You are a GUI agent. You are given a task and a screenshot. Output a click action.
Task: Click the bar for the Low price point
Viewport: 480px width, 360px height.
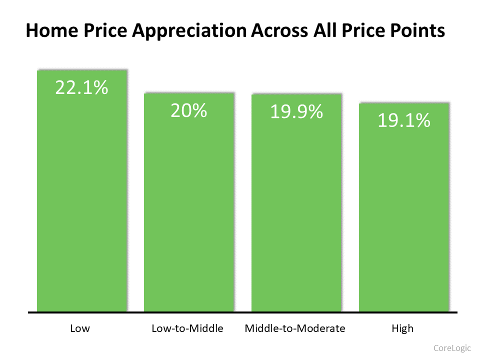coord(82,200)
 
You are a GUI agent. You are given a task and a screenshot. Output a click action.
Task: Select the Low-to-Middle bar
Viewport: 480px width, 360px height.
coord(189,210)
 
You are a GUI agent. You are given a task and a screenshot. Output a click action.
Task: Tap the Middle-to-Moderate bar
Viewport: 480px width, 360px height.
coord(296,210)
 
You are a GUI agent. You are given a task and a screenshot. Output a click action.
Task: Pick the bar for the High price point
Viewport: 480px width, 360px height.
coord(404,215)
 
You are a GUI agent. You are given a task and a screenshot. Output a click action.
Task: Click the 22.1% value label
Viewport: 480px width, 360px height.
coord(81,88)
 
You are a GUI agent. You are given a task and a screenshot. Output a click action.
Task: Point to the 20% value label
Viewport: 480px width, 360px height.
coord(188,110)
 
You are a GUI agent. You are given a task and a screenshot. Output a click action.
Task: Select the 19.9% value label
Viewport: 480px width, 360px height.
coord(296,112)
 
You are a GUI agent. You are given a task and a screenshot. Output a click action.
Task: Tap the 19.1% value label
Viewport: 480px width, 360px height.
coord(403,120)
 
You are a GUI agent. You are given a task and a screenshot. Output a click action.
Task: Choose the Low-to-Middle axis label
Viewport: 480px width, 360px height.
coord(187,328)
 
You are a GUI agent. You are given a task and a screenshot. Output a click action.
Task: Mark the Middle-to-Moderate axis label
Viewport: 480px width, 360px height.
coord(295,328)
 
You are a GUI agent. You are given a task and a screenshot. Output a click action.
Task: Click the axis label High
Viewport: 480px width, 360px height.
coord(402,328)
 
